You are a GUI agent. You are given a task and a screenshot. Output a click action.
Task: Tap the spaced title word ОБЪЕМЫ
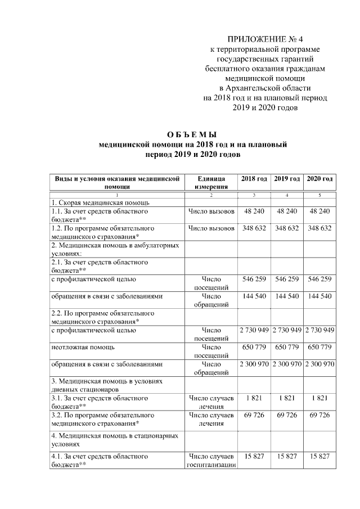pos(192,134)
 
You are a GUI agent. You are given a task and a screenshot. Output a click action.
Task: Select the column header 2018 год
pos(254,178)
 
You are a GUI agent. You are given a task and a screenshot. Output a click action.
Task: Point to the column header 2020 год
pos(319,178)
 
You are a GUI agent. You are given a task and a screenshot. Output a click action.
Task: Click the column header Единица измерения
pos(211,182)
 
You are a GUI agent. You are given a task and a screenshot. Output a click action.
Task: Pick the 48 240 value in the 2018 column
pos(254,211)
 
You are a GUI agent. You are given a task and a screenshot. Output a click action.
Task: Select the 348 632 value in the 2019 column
pos(287,229)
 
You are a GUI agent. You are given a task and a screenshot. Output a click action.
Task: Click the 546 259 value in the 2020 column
pos(319,279)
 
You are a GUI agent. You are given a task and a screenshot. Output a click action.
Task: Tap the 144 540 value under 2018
pos(254,296)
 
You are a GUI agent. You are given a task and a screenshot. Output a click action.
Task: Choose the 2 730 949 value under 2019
pos(287,330)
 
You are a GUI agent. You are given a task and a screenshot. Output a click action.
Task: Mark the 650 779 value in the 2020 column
pos(319,347)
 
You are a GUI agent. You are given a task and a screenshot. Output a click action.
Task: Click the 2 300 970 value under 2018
pos(254,364)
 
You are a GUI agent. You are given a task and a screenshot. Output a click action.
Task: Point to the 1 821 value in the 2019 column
pos(287,398)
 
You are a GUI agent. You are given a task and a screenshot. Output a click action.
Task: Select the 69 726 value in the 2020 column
pos(319,415)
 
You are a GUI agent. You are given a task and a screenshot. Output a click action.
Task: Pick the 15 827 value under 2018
pos(254,456)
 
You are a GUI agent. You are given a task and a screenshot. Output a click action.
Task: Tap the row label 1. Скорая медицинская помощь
pos(99,202)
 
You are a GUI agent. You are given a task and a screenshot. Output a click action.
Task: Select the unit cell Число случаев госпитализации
pos(211,461)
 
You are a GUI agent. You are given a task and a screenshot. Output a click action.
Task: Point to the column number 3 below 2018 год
pos(254,195)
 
